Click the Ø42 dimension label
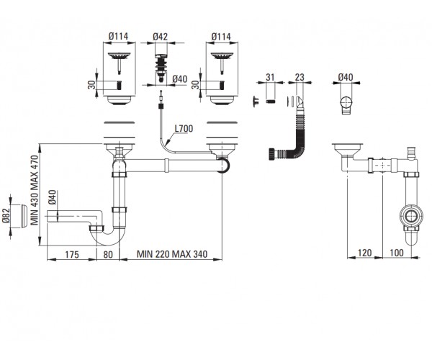pos(160,37)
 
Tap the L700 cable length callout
pos(184,129)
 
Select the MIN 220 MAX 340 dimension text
pos(172,254)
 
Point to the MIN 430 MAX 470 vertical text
pos(35,190)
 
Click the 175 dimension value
pos(72,254)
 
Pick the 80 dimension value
pos(108,254)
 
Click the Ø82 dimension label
pos(6,216)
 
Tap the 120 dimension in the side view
pos(364,253)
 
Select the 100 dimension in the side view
pos(397,253)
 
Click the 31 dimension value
pos(270,77)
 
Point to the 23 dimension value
pos(300,77)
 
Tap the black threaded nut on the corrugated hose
pos(271,153)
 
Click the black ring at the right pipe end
pos(223,165)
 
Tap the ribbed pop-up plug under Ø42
pos(161,68)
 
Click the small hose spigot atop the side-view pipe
pos(411,153)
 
